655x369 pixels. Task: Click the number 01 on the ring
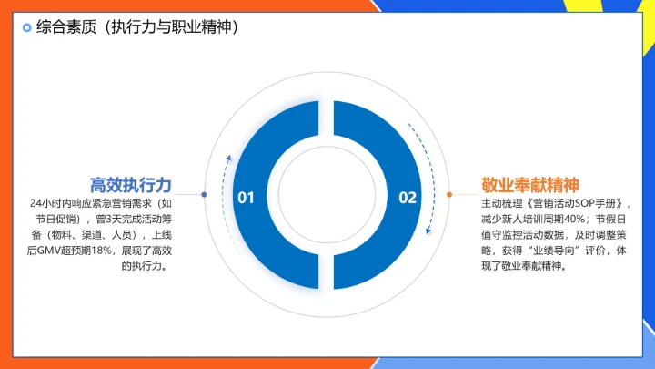[246, 197]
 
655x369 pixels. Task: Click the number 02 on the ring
[408, 197]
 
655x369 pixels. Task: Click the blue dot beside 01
[204, 194]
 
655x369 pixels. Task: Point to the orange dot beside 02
[449, 194]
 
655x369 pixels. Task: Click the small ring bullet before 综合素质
[26, 27]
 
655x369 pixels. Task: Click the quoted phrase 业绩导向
[559, 250]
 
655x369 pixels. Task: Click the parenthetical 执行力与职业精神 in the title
[173, 27]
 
